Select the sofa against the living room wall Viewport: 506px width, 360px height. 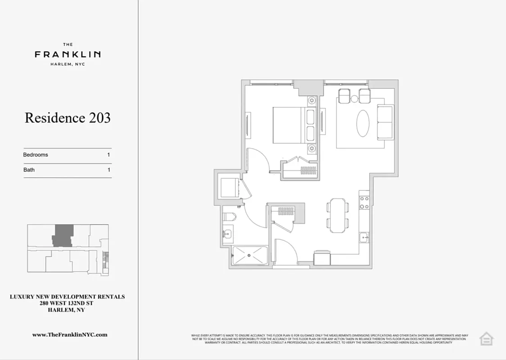pos(385,122)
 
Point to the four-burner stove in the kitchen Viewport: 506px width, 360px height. pos(364,202)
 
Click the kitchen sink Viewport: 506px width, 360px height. pos(364,237)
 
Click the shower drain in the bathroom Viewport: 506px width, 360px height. pos(249,256)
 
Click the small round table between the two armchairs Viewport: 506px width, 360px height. pos(354,99)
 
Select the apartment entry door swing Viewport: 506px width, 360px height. pos(286,252)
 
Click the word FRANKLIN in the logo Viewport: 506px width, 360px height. pos(68,54)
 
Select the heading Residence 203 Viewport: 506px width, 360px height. pos(68,118)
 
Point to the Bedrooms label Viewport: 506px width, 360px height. pos(36,155)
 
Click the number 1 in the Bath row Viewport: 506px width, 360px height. pos(109,170)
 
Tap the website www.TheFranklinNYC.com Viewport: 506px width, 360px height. pos(70,335)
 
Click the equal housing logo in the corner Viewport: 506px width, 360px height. pos(486,338)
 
